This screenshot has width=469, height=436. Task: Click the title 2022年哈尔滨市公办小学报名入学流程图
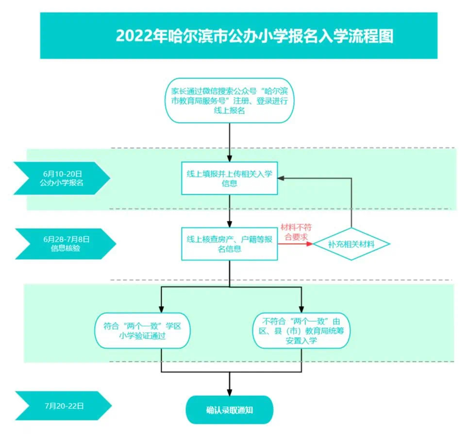click(254, 37)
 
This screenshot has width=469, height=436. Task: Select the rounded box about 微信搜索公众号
click(230, 101)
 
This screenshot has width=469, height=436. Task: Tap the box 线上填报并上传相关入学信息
click(230, 178)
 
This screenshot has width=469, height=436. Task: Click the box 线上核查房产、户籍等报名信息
click(230, 244)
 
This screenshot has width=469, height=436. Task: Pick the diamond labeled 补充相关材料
click(351, 244)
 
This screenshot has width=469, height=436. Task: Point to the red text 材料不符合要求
click(294, 232)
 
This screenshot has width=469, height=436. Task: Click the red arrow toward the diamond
click(296, 244)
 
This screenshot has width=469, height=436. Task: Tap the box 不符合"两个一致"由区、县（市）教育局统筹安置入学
click(302, 330)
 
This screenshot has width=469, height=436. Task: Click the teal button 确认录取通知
click(230, 410)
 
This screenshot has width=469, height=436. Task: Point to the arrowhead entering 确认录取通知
click(230, 391)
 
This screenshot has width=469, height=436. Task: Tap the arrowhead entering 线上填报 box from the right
click(282, 178)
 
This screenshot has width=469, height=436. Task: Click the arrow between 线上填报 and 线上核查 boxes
click(230, 211)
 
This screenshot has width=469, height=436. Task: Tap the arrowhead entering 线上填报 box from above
click(230, 157)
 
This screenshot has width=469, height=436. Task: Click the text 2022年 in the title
click(134, 37)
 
